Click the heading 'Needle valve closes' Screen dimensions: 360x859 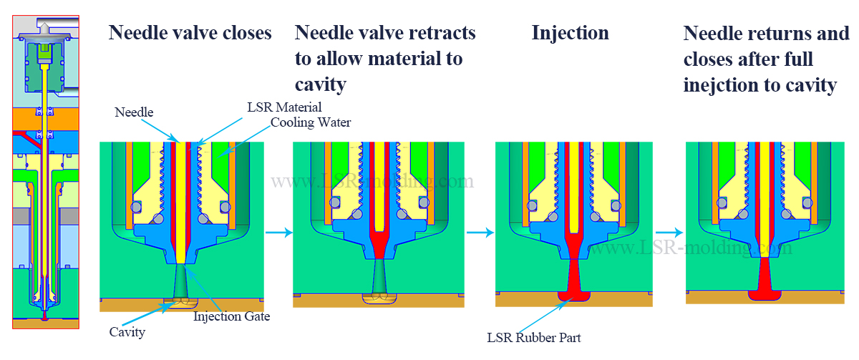click(190, 33)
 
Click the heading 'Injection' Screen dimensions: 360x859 click(570, 33)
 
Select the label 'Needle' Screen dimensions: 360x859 click(134, 113)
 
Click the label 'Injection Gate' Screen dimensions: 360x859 click(231, 316)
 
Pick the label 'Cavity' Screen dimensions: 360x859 click(127, 332)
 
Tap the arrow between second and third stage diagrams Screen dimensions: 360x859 click(480, 232)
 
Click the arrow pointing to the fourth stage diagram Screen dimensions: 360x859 click(669, 232)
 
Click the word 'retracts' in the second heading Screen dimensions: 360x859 click(441, 33)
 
